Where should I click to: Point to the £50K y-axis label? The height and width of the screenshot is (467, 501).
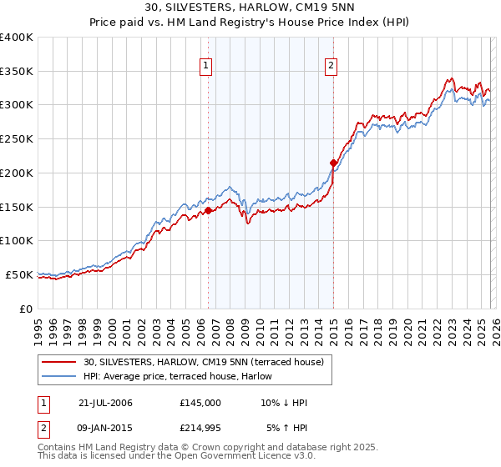point(19,274)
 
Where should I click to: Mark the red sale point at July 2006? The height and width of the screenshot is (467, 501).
point(208,210)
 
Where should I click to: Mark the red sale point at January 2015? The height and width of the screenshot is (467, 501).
point(333,163)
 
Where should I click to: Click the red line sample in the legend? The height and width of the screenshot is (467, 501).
point(60,361)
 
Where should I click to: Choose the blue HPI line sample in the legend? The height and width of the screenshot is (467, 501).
point(60,376)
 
